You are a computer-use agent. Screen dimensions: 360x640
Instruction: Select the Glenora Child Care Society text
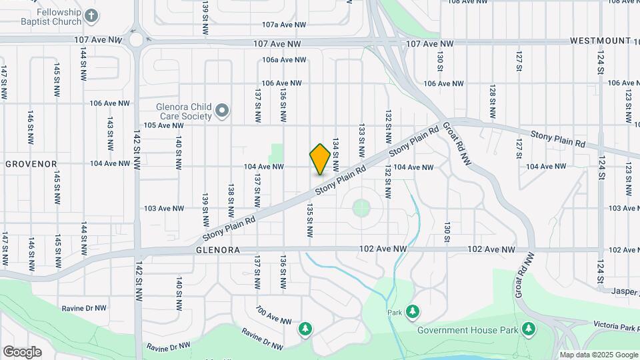click(183, 111)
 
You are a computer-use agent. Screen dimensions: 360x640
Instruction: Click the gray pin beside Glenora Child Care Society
click(223, 110)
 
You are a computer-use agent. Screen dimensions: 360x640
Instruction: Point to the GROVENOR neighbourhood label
click(31, 163)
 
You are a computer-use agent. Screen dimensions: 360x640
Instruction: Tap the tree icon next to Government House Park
click(528, 328)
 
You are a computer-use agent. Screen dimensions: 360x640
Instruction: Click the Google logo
click(22, 351)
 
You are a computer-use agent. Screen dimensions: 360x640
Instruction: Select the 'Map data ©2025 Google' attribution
click(598, 355)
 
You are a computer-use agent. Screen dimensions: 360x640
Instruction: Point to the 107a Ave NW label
click(284, 25)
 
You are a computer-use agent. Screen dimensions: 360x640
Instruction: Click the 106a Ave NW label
click(284, 60)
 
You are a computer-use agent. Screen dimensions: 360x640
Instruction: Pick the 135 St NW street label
click(310, 221)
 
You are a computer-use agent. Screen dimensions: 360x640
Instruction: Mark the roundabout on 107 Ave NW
click(136, 39)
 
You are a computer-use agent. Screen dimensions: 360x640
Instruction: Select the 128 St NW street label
click(493, 100)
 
